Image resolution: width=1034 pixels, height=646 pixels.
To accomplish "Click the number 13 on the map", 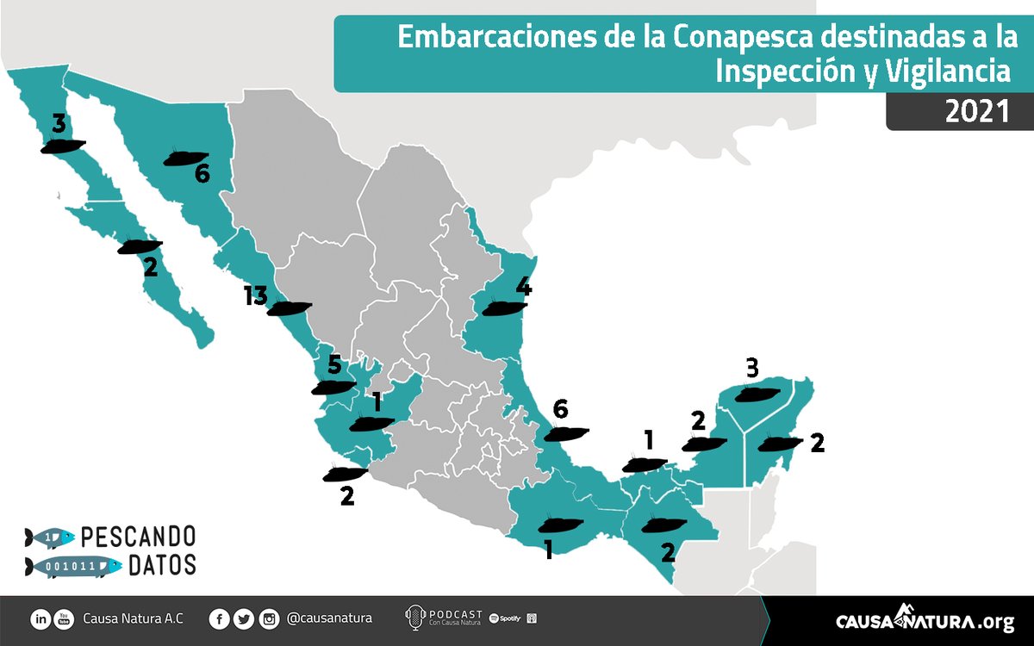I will pyautogui.click(x=256, y=297).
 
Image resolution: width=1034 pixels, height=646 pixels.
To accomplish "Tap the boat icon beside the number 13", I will pyautogui.click(x=289, y=308).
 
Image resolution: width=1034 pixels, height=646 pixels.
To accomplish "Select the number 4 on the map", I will pyautogui.click(x=522, y=286).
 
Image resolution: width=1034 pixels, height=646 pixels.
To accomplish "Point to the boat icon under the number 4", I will pyautogui.click(x=505, y=307).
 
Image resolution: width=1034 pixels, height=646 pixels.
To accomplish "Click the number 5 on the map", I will pyautogui.click(x=334, y=364).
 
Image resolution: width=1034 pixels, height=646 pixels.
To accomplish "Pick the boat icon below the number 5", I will pyautogui.click(x=333, y=388).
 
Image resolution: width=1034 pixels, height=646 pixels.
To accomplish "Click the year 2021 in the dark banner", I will pyautogui.click(x=976, y=113).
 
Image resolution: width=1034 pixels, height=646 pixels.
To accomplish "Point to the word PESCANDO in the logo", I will pyautogui.click(x=138, y=537).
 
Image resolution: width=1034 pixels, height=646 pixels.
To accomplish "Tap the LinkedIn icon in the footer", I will pyautogui.click(x=40, y=618).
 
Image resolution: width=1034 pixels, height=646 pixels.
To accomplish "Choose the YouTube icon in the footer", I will pyautogui.click(x=63, y=618).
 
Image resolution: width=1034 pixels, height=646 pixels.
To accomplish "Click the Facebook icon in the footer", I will pyautogui.click(x=220, y=618).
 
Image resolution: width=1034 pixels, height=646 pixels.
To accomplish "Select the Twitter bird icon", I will pyautogui.click(x=245, y=618).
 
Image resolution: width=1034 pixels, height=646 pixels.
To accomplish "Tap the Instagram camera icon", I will pyautogui.click(x=270, y=618).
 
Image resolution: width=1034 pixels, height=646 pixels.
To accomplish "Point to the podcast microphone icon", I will pyautogui.click(x=414, y=618).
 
